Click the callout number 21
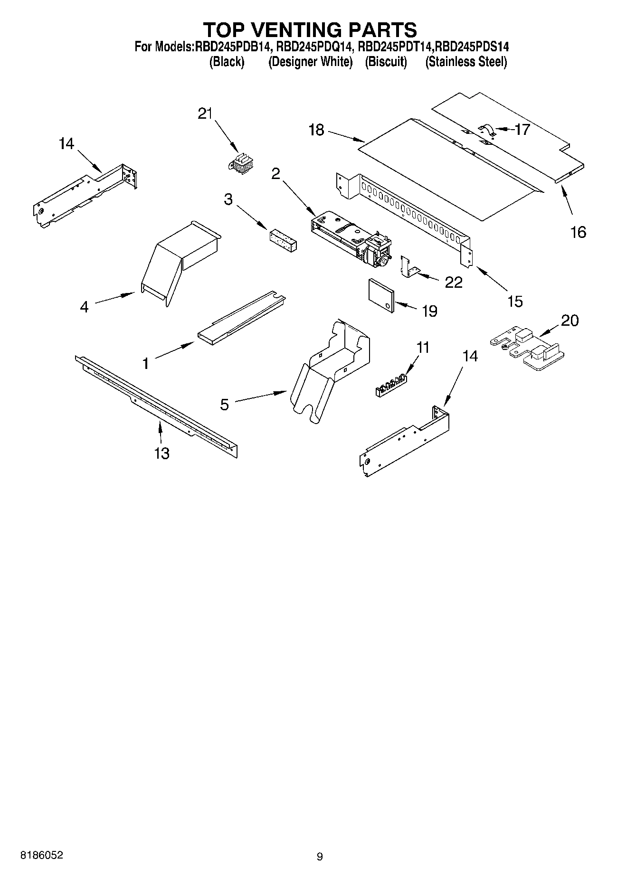coord(205,114)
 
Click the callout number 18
coord(316,130)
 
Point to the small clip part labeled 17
coord(487,131)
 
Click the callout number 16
coord(578,232)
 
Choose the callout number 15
coord(515,301)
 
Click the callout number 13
coord(162,453)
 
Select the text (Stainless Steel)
coord(466,62)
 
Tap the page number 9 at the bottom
coord(320,857)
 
